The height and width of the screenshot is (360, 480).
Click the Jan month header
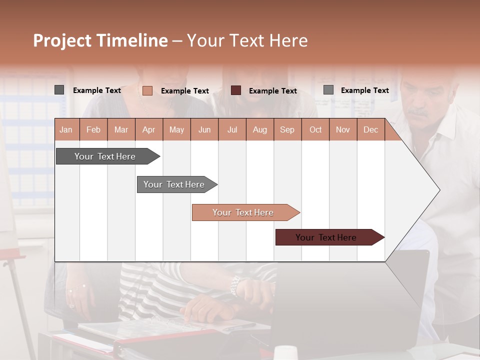pyautogui.click(x=66, y=129)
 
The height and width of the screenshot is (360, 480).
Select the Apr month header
pyautogui.click(x=148, y=129)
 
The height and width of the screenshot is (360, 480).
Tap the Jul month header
pyautogui.click(x=232, y=129)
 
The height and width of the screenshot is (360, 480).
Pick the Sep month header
pyautogui.click(x=287, y=129)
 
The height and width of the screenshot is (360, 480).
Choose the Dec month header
pyautogui.click(x=370, y=129)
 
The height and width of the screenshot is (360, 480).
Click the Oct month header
pyautogui.click(x=315, y=129)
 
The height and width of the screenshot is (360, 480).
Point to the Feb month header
pyautogui.click(x=93, y=129)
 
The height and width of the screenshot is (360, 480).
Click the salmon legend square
pyautogui.click(x=147, y=90)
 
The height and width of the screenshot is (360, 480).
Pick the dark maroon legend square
pyautogui.click(x=236, y=90)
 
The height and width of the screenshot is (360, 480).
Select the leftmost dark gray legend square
pyautogui.click(x=59, y=90)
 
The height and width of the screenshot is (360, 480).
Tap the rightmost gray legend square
pyautogui.click(x=328, y=90)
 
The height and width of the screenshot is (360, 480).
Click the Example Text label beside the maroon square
pyautogui.click(x=273, y=90)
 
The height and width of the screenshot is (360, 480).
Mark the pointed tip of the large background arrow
pyautogui.click(x=439, y=190)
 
